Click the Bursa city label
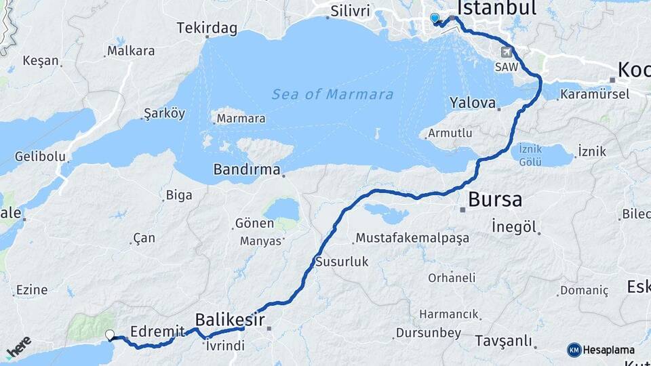coord(495,200)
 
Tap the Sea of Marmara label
coord(332,94)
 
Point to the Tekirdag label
coord(207,28)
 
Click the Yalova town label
coord(473,103)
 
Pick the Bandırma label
coord(247,169)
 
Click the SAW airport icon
coord(505,52)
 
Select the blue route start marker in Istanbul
coord(435,18)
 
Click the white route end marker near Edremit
coord(110,334)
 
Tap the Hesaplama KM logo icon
coord(574,350)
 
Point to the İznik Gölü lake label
coord(533,155)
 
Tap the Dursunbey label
coord(429,333)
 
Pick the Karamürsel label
coord(595,94)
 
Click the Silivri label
coord(351,11)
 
